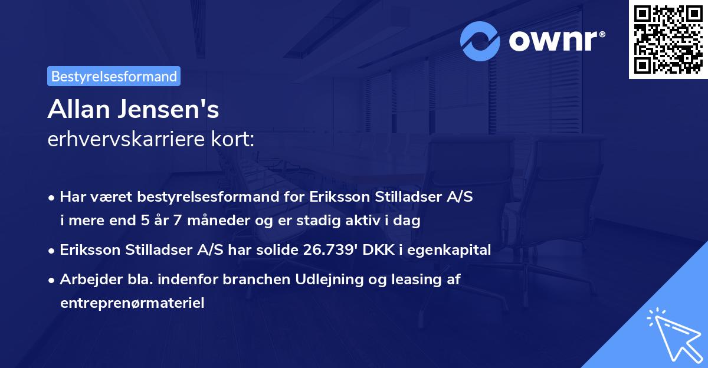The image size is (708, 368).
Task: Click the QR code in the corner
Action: (x=667, y=40)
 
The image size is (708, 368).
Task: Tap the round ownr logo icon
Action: (x=481, y=41)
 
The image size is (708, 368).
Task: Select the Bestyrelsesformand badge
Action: (x=114, y=76)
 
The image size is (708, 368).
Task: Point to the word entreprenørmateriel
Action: (x=132, y=303)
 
